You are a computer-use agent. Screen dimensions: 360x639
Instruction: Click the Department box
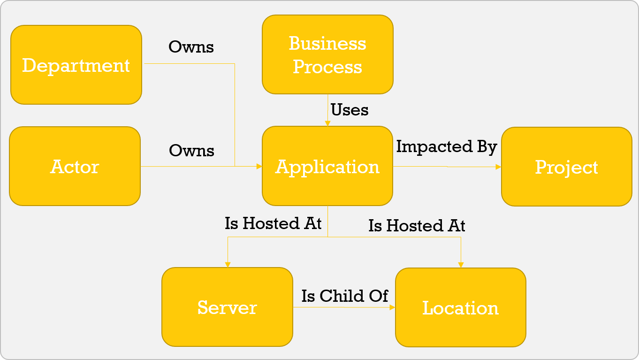point(76,65)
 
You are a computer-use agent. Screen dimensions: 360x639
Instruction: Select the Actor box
point(75,166)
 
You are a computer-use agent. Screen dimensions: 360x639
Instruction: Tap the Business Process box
point(327,54)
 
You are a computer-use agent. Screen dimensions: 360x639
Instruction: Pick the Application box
point(327,166)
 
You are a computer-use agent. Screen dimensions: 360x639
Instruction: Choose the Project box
point(567,167)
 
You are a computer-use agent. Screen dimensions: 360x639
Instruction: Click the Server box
point(227,307)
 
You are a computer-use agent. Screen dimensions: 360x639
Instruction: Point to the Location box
point(461,307)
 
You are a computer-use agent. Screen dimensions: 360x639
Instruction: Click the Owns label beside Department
point(191,47)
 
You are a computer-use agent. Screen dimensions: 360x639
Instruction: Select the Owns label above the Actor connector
point(191,151)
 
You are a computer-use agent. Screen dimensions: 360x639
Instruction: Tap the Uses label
point(350,110)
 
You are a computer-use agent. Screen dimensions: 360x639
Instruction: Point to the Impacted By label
point(446,146)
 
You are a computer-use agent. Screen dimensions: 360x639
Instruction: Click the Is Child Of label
point(345,296)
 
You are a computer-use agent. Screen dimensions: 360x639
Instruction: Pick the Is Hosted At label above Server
point(273,223)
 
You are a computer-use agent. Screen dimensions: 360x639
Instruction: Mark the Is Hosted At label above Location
point(417,226)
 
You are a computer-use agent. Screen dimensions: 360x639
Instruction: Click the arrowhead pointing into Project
point(499,167)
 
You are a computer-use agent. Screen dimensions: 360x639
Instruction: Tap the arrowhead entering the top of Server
point(228,265)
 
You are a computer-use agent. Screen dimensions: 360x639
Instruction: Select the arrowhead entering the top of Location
point(461,265)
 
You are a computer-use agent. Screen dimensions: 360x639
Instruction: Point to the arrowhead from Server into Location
point(392,307)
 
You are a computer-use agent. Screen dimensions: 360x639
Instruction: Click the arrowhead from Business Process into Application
point(327,123)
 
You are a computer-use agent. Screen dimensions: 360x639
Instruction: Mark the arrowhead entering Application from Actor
point(259,166)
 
